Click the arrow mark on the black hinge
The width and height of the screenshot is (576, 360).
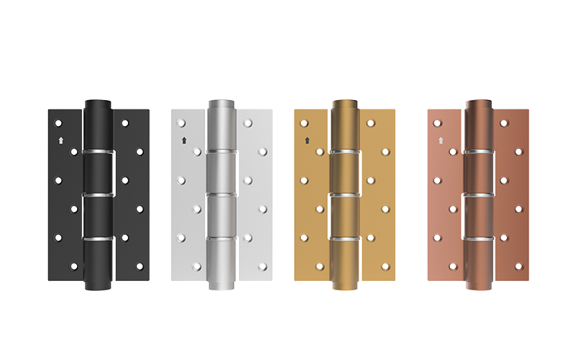pos(61,140)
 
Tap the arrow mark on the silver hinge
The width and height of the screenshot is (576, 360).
pos(184,140)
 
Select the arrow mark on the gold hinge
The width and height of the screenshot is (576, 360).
pos(307,140)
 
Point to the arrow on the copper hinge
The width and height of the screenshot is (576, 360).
pos(440,140)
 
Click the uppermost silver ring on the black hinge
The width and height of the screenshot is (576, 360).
pos(98,152)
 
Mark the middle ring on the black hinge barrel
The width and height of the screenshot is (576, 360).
pos(98,194)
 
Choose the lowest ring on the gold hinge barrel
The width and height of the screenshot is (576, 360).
pos(344,237)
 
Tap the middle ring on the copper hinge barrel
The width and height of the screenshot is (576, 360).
pos(477,194)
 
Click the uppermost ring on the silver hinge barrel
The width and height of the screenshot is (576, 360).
pos(221,152)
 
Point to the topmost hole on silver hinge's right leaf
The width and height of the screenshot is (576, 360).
pos(248,123)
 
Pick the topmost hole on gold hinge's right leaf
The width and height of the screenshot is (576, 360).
pos(371,123)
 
